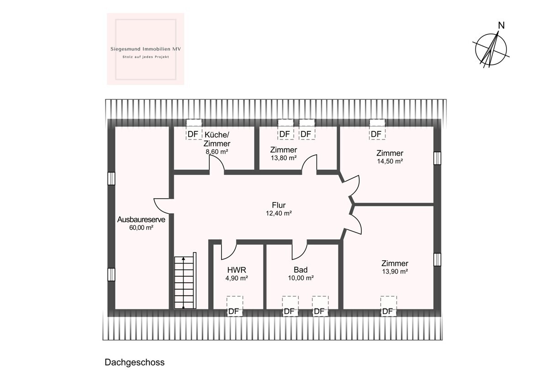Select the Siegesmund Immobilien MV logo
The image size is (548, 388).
pyautogui.click(x=145, y=49)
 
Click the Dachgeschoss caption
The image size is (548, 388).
pyautogui.click(x=134, y=362)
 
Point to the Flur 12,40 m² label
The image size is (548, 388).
pyautogui.click(x=279, y=209)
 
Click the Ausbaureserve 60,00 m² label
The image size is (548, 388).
pyautogui.click(x=141, y=223)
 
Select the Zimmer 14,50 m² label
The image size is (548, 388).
pyautogui.click(x=390, y=157)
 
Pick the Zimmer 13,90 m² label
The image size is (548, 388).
pyautogui.click(x=395, y=267)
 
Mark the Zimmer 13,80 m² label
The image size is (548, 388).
pyautogui.click(x=283, y=153)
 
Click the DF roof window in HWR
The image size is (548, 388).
pyautogui.click(x=234, y=306)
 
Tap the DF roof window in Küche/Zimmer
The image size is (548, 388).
pyautogui.click(x=194, y=129)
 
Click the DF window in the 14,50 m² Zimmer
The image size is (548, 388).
pyautogui.click(x=377, y=129)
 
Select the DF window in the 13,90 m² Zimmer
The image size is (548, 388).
pyautogui.click(x=388, y=306)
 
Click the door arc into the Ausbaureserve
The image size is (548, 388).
pyautogui.click(x=162, y=205)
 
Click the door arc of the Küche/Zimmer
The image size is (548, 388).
pyautogui.click(x=216, y=164)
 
